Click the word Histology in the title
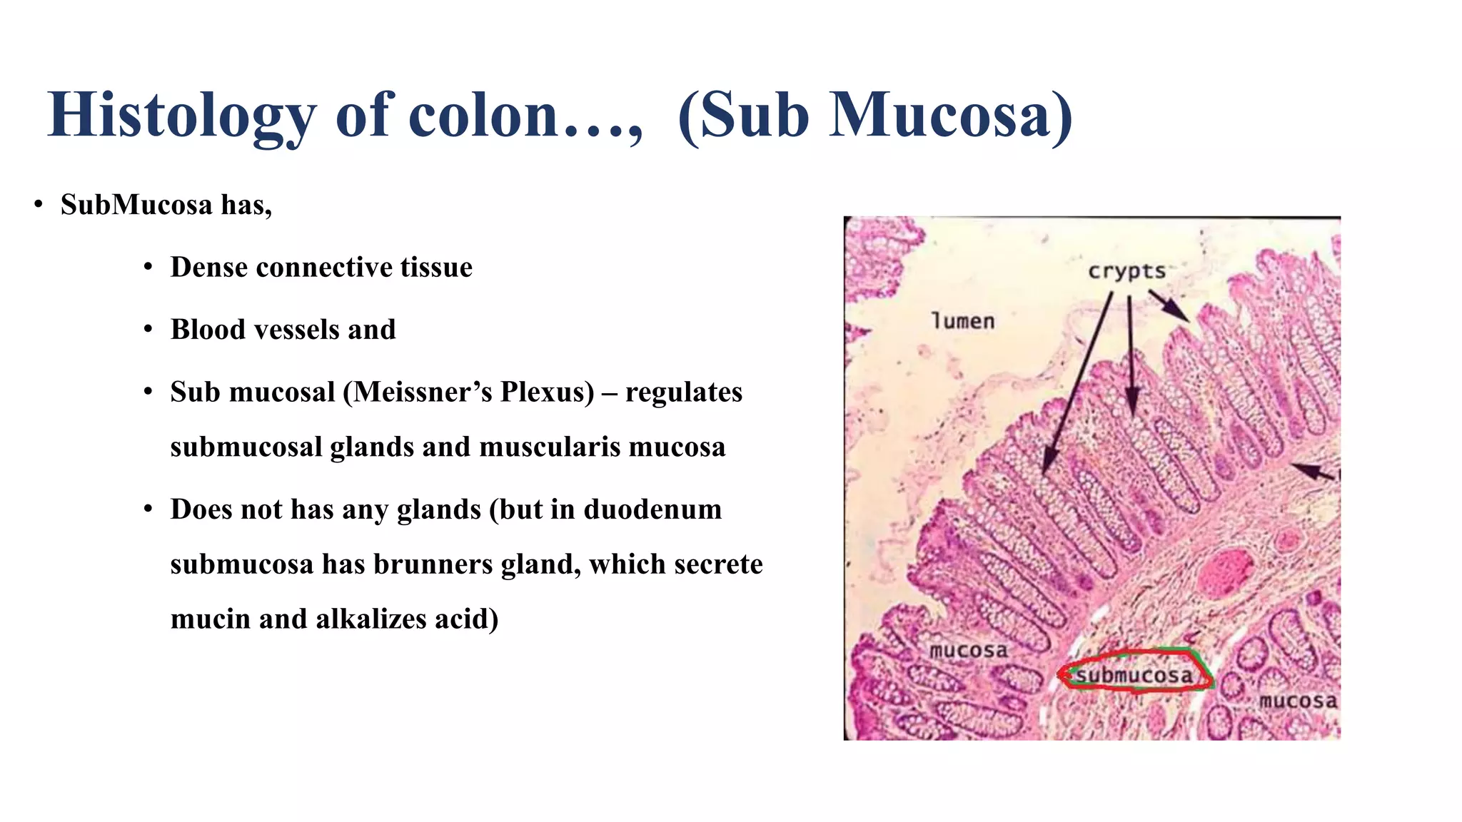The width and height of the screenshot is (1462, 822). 181,116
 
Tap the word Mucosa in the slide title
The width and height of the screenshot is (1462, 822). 939,116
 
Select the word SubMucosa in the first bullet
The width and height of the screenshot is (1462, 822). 136,205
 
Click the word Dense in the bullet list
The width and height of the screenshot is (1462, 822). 208,268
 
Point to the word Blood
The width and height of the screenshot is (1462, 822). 208,330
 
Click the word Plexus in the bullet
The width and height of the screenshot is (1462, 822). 545,392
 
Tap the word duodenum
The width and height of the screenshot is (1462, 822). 652,509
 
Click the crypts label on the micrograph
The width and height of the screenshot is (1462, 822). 1126,272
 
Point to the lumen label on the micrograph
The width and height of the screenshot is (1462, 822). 963,321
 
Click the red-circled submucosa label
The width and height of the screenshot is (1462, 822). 1134,675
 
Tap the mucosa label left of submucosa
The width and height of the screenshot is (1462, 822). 968,650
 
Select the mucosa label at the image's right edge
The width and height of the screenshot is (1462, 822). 1298,701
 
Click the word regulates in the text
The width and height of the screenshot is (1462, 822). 683,392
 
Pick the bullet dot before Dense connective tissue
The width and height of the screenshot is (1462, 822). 148,268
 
